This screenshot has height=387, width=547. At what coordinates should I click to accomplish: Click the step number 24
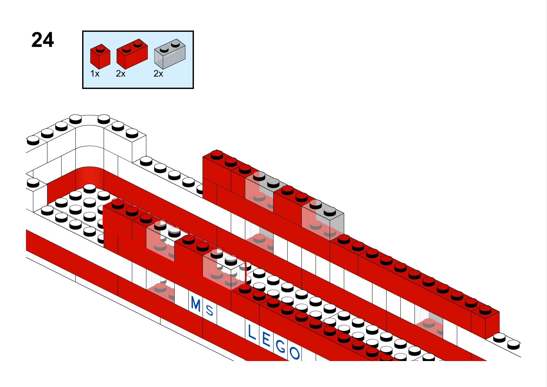point(43,40)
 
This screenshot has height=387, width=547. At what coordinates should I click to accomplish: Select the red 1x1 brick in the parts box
point(100,57)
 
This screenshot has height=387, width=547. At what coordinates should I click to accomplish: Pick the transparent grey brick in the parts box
point(170,54)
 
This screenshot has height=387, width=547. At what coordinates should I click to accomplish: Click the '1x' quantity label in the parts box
point(95,74)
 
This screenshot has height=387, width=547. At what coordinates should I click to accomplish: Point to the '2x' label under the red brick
point(121,74)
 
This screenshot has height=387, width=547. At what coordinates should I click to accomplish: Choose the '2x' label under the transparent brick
point(158,74)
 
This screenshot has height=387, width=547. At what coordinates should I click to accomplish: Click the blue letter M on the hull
point(196,304)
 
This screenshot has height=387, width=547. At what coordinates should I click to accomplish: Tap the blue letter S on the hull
point(210,310)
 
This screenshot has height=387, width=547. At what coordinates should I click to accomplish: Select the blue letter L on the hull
point(251,332)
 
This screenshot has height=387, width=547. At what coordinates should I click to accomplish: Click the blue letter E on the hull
point(266,340)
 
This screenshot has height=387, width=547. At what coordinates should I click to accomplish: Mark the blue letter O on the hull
point(294,353)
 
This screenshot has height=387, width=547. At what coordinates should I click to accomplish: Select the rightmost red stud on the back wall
point(485,309)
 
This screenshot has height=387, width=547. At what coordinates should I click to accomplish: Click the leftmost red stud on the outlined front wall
point(118,204)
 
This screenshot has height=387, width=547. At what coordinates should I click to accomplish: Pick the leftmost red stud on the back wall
point(217,154)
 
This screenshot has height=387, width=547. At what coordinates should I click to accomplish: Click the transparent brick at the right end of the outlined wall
point(224,269)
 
